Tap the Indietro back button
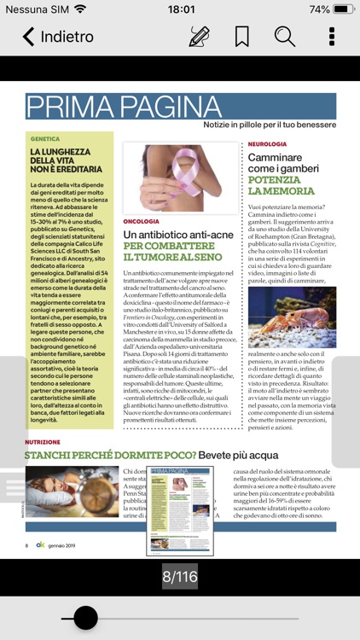point(57,37)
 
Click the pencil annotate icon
point(199,37)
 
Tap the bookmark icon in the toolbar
point(242,37)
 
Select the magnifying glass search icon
point(285,37)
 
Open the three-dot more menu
point(332,37)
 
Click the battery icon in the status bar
point(343,9)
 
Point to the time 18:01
point(181,9)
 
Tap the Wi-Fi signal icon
point(80,9)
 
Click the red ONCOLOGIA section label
point(142,221)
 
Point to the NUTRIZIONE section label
point(43,442)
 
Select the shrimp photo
point(292,317)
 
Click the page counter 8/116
point(180,577)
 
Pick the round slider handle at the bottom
point(85,617)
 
